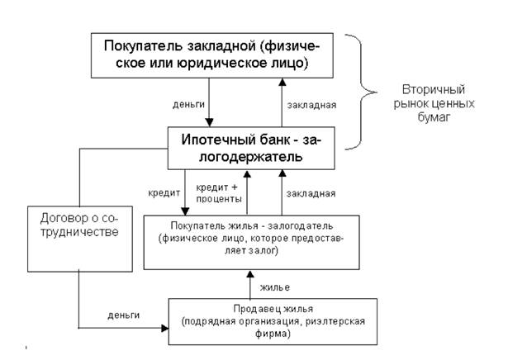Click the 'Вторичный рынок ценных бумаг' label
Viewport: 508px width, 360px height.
pyautogui.click(x=434, y=103)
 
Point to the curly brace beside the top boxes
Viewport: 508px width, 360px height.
pyautogui.click(x=361, y=92)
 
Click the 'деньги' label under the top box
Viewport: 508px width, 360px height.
pyautogui.click(x=188, y=105)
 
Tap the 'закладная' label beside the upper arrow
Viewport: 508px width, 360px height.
pyautogui.click(x=311, y=105)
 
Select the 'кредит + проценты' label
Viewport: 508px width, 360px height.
pyautogui.click(x=219, y=193)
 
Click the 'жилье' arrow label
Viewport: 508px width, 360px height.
pyautogui.click(x=275, y=287)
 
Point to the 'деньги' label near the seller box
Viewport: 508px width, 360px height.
pyautogui.click(x=123, y=315)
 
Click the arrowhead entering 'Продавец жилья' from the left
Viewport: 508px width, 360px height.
pyautogui.click(x=165, y=329)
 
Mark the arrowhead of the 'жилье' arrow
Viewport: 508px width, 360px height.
pyautogui.click(x=250, y=274)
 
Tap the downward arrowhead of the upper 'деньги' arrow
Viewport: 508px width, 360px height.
pyautogui.click(x=209, y=123)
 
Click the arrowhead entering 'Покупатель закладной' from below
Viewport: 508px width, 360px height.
pyautogui.click(x=282, y=82)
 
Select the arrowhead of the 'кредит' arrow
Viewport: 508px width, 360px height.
pyautogui.click(x=185, y=211)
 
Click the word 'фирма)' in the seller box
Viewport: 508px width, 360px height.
pyautogui.click(x=273, y=334)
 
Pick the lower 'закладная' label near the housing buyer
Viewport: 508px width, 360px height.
pyautogui.click(x=311, y=193)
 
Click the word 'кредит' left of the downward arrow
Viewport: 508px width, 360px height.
pyautogui.click(x=164, y=193)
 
